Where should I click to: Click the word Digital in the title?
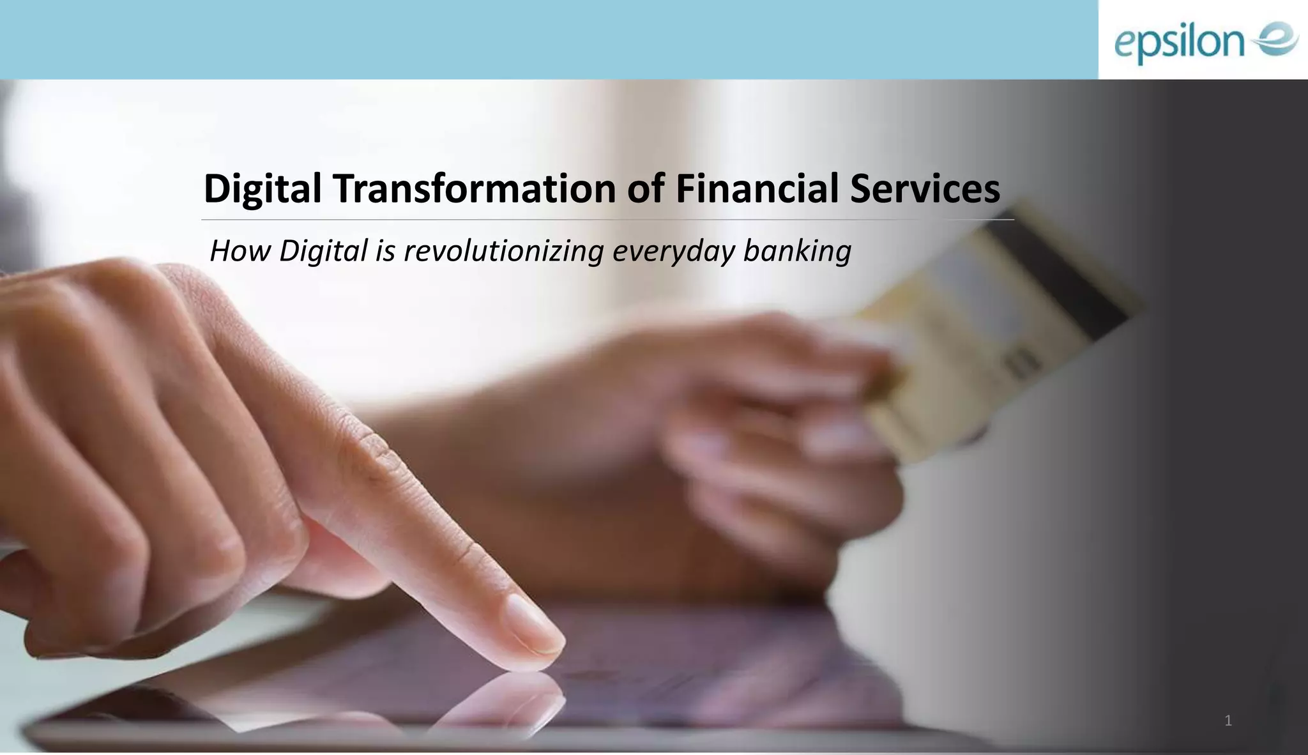[262, 190]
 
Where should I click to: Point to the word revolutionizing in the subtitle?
[503, 250]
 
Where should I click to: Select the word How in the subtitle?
[240, 250]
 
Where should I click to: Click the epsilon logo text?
[1179, 43]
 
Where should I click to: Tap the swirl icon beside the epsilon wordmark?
[1275, 40]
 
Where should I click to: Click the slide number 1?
[1228, 721]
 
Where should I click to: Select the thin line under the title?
[607, 219]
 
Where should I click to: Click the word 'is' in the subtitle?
[385, 250]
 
